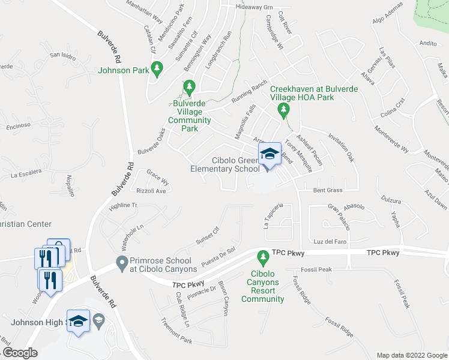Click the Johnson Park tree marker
[x=157, y=69]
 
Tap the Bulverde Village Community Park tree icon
[x=189, y=88]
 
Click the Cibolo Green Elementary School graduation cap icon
[x=270, y=154]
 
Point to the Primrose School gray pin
[x=122, y=262]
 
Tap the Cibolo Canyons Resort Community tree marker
[x=262, y=259]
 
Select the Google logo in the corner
[x=19, y=353]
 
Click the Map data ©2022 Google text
[x=411, y=355]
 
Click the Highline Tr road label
[x=123, y=205]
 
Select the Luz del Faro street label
[x=330, y=241]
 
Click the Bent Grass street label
[x=328, y=190]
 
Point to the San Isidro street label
[x=63, y=56]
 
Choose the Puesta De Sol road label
[x=221, y=257]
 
